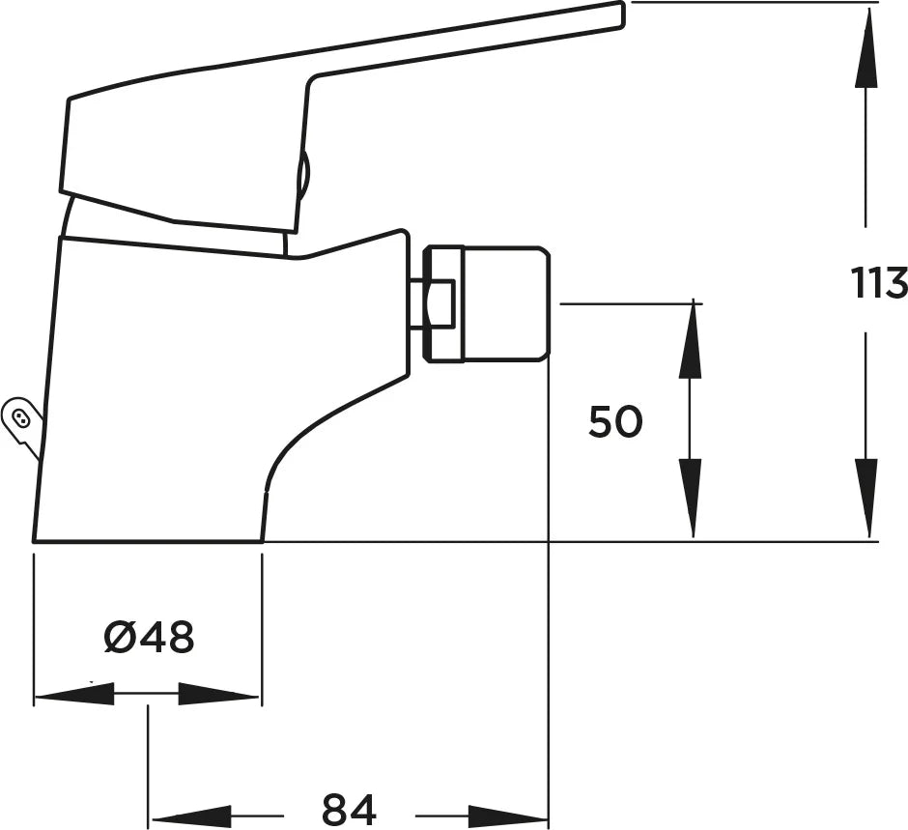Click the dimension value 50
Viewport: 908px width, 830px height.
pyautogui.click(x=615, y=421)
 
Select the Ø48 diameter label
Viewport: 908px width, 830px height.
pyautogui.click(x=149, y=637)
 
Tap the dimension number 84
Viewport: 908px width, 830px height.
pyautogui.click(x=349, y=809)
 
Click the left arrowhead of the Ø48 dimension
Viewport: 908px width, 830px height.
pyautogui.click(x=74, y=694)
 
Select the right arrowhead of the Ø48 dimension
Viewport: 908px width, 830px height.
pyautogui.click(x=217, y=694)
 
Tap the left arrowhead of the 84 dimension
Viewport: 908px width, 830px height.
pyautogui.click(x=191, y=816)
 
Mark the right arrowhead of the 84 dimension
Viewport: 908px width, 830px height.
pyautogui.click(x=507, y=816)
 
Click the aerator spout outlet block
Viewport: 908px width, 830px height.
pyautogui.click(x=505, y=304)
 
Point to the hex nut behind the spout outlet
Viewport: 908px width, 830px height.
pyautogui.click(x=443, y=304)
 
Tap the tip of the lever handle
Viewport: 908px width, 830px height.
pyautogui.click(x=622, y=14)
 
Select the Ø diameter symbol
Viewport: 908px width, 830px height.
pyautogui.click(x=119, y=637)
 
